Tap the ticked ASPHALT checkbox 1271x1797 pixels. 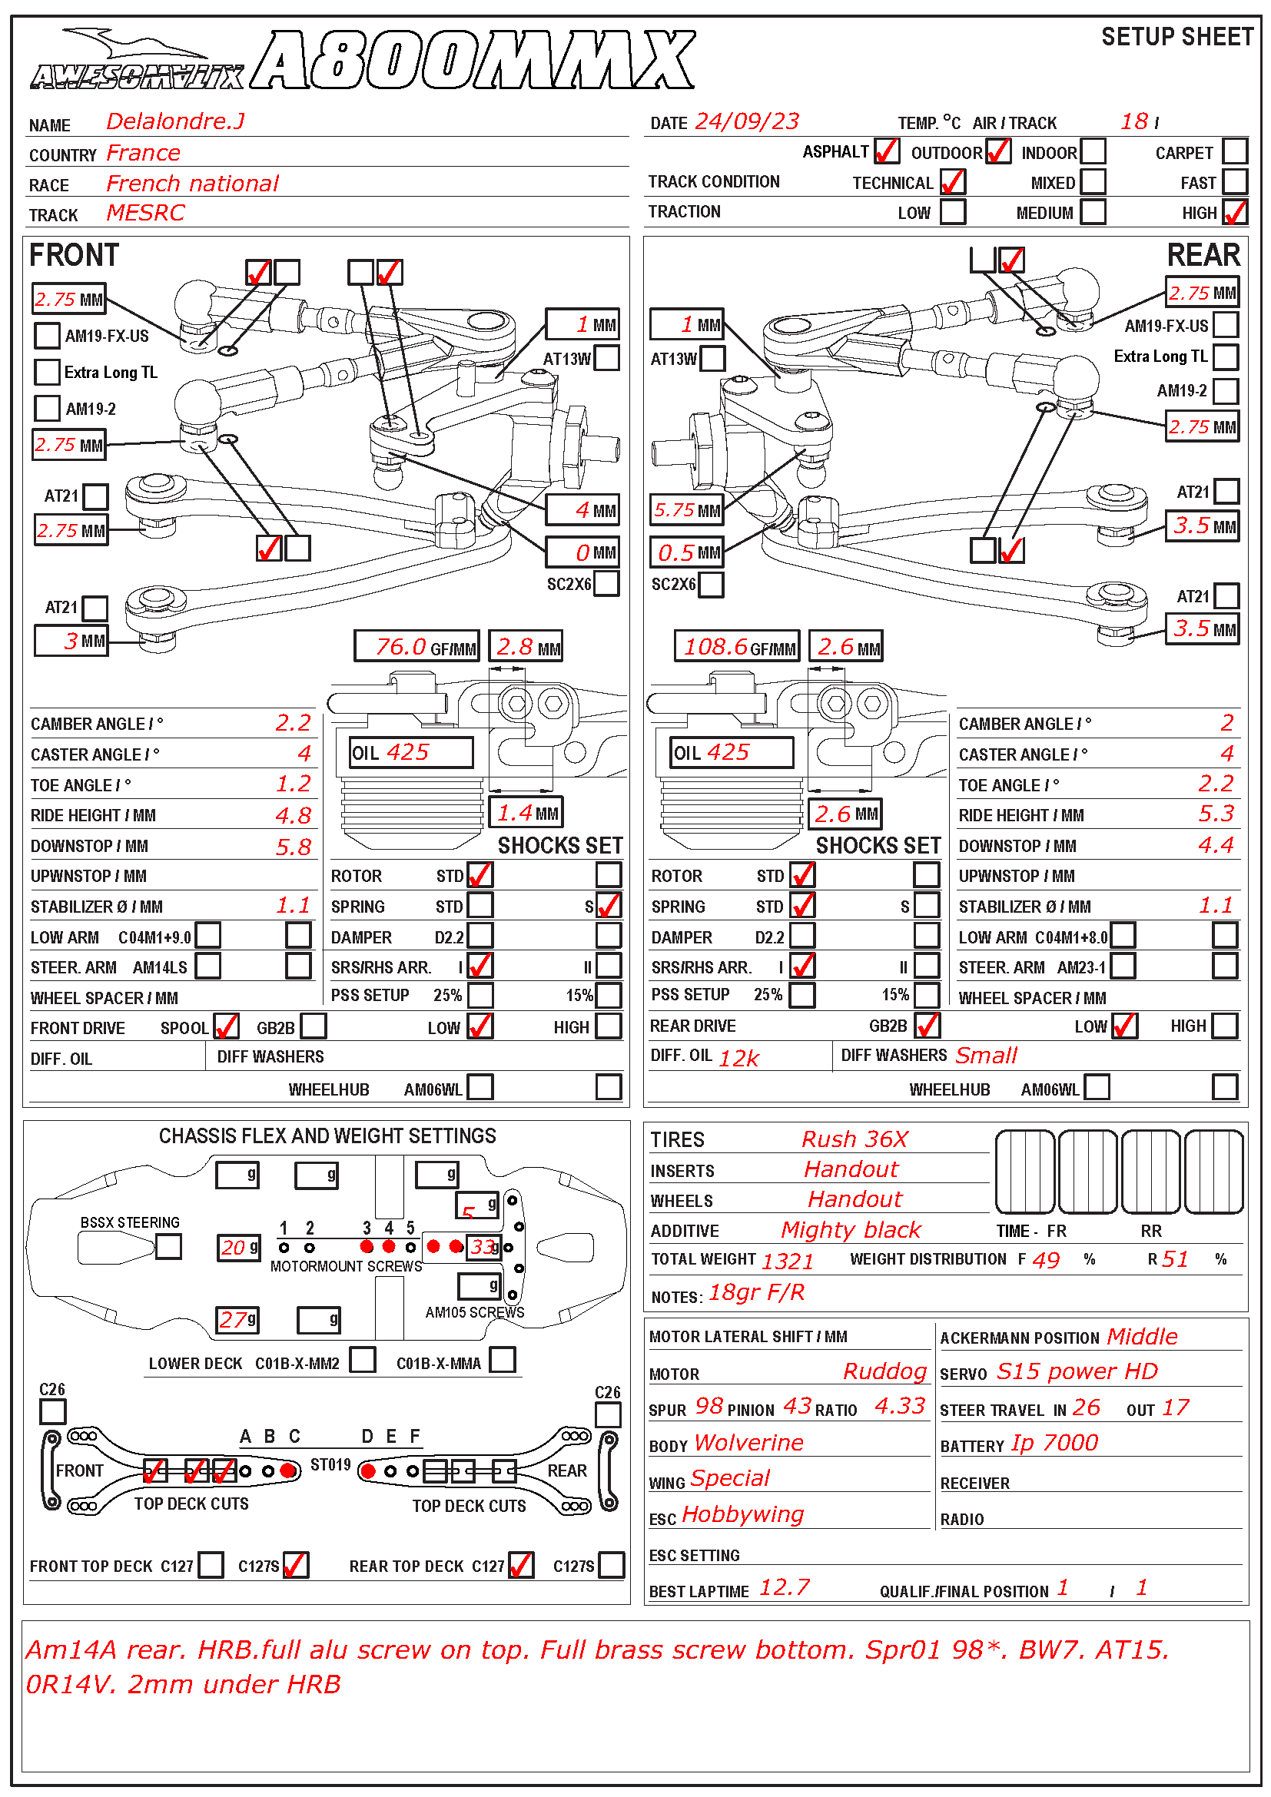tap(887, 151)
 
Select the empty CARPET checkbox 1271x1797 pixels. tap(1234, 151)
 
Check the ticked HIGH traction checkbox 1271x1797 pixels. tap(1234, 212)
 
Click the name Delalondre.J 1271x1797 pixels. tap(175, 121)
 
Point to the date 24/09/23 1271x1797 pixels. tap(747, 121)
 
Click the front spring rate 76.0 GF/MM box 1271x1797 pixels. tap(416, 646)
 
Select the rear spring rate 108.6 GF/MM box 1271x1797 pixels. tap(736, 646)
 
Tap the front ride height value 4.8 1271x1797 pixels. tap(294, 816)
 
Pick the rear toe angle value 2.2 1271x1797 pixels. tap(1216, 784)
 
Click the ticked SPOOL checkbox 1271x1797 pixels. tap(226, 1026)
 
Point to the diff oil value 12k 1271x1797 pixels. tap(738, 1058)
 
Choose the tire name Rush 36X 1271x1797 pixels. tap(855, 1139)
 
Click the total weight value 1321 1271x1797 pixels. tap(788, 1261)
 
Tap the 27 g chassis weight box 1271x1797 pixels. tap(238, 1321)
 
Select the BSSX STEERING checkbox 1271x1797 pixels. tap(168, 1246)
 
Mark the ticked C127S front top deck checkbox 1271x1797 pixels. tap(296, 1565)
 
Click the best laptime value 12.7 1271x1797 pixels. tap(785, 1587)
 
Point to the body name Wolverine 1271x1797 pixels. tap(748, 1443)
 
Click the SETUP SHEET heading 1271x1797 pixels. tap(1176, 37)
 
